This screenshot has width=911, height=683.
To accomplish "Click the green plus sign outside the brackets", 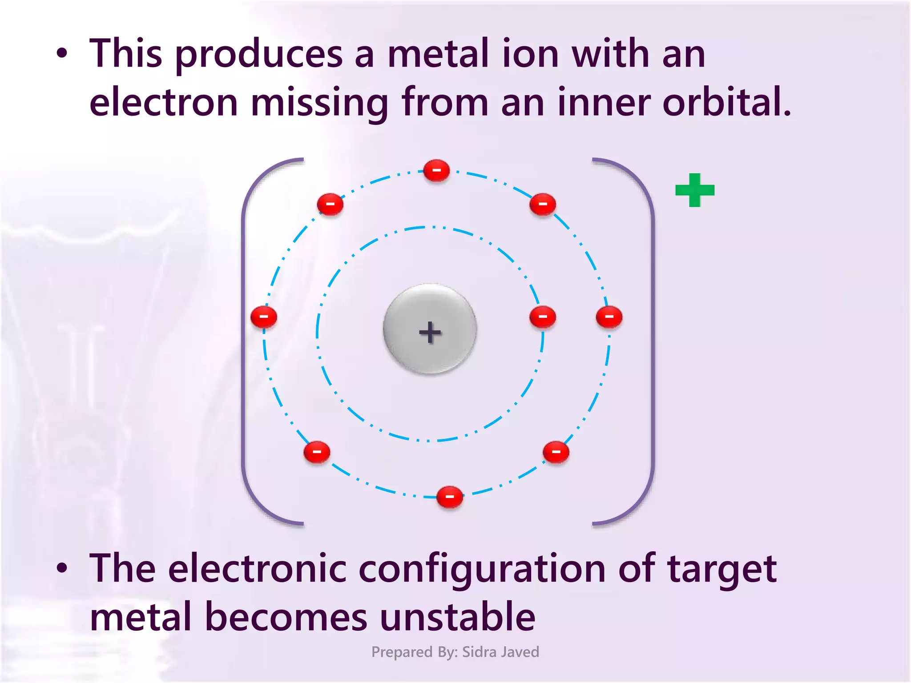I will click(694, 190).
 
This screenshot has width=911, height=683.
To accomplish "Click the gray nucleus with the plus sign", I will click(430, 329).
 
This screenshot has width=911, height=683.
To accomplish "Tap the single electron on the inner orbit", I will click(543, 317).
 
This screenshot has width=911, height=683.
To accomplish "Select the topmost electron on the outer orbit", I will click(436, 171).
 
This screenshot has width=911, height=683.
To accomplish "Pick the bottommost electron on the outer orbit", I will click(450, 497).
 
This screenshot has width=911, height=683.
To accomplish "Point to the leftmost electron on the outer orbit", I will click(264, 317).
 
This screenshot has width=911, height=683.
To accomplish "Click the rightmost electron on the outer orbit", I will click(609, 317).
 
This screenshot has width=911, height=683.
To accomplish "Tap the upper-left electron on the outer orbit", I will click(330, 205).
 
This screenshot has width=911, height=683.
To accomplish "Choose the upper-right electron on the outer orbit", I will click(543, 205).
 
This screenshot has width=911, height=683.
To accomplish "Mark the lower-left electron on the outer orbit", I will click(317, 452).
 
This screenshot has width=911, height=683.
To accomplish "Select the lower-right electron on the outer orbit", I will click(556, 452).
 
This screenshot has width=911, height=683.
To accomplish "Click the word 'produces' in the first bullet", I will click(259, 56).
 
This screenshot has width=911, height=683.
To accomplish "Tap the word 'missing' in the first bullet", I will click(319, 104).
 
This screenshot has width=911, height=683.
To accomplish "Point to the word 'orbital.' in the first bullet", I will click(727, 103).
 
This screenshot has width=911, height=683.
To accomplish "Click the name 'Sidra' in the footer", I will click(479, 652).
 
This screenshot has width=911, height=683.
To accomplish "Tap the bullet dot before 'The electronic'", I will click(62, 568).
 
